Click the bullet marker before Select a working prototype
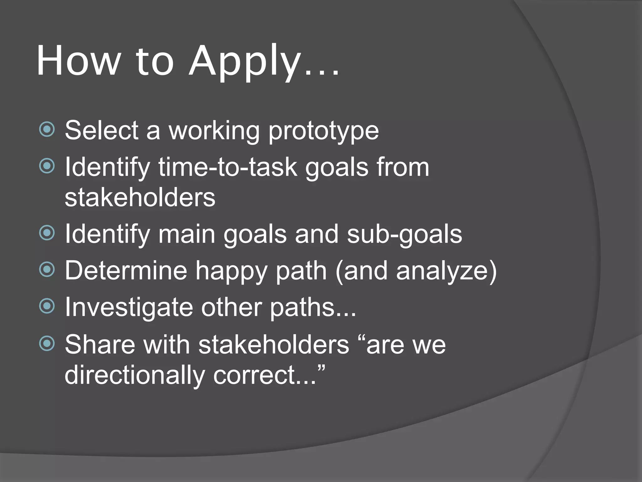tap(47, 129)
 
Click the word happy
tap(231, 271)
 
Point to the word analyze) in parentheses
tap(446, 271)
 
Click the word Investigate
tap(129, 308)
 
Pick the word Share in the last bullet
tap(100, 344)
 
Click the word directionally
tap(134, 375)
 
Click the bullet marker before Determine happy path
tap(47, 270)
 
